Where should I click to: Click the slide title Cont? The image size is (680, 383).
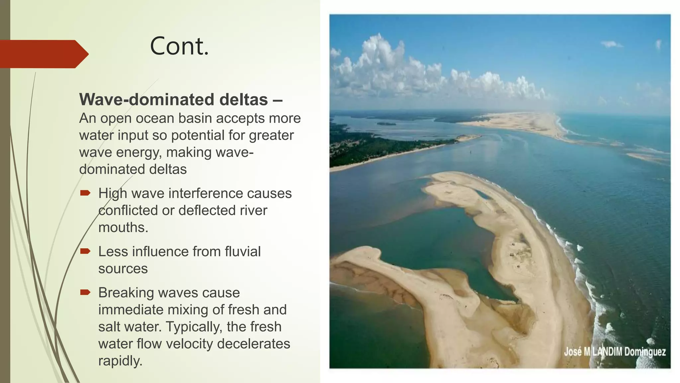(179, 46)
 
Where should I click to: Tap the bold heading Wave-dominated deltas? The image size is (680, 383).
(173, 99)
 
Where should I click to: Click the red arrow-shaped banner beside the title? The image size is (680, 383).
(43, 54)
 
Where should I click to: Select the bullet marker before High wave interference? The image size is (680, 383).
(85, 193)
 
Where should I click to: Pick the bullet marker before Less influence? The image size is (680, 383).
(85, 251)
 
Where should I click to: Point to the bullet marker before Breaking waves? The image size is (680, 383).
(85, 292)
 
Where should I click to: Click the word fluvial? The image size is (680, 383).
(242, 252)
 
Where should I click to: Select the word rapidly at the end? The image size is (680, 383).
(120, 361)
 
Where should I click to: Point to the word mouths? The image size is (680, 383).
(123, 228)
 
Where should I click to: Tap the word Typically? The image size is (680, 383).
(194, 327)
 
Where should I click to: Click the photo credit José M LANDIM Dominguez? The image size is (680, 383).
(615, 352)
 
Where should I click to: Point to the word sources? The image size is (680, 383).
(123, 269)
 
